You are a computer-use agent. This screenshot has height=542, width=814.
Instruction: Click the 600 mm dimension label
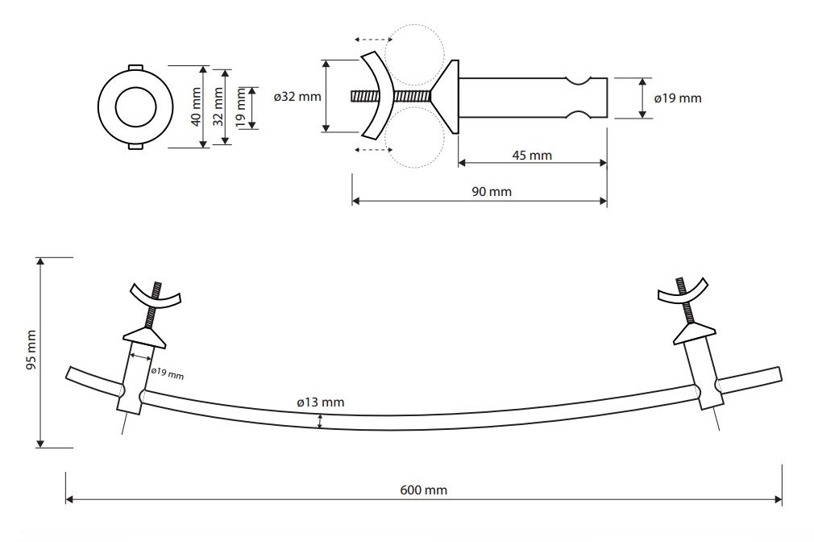(x=424, y=490)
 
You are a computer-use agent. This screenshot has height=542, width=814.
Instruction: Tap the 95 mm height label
(x=31, y=350)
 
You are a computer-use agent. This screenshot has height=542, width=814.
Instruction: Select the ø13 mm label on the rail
(x=320, y=402)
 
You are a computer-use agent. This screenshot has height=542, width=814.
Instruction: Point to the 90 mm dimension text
(x=492, y=192)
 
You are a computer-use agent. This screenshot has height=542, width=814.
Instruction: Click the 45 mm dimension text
(x=532, y=156)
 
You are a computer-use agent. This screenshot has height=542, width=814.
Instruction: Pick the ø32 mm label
(x=297, y=97)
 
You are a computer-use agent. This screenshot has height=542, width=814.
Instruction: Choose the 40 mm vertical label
(x=196, y=106)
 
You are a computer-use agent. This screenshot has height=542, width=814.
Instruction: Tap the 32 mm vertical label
(x=218, y=106)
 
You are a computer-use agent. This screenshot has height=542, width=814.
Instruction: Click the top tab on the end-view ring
(x=135, y=67)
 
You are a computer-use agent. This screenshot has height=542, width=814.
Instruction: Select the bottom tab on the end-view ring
(x=135, y=147)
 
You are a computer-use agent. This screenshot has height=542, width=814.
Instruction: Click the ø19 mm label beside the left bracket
(x=167, y=373)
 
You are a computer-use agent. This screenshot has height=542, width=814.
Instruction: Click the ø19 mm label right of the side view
(x=678, y=98)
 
